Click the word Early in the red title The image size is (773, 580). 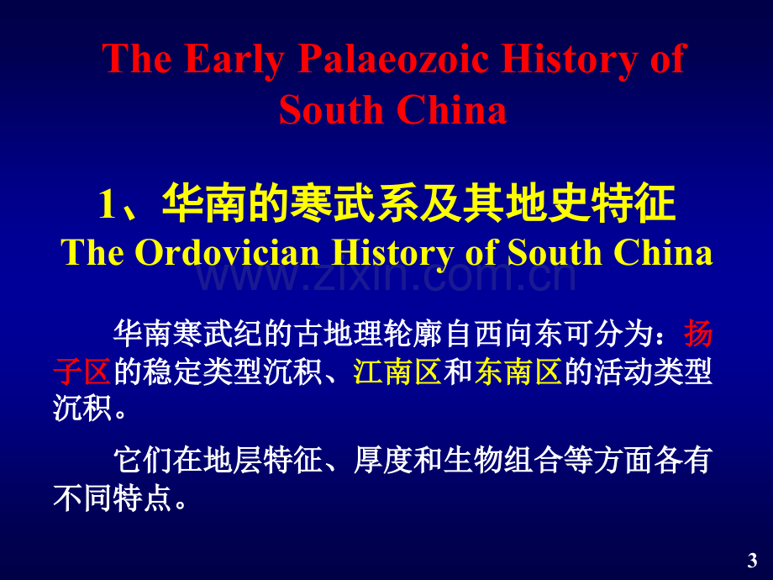234,60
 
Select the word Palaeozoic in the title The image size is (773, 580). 393,58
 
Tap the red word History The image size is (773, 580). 569,60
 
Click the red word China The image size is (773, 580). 451,109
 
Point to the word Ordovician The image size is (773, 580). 227,252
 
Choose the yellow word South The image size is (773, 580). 554,252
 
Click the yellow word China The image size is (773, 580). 663,252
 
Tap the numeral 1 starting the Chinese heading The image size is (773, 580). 107,204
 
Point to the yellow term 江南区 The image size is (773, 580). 397,372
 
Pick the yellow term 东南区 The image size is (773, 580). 518,372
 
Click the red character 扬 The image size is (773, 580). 698,334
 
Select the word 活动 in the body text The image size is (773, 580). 623,372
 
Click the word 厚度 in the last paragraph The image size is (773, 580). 383,461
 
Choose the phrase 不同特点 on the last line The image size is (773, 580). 113,498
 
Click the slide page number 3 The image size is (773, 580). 752,561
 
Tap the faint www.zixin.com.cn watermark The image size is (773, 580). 386,277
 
